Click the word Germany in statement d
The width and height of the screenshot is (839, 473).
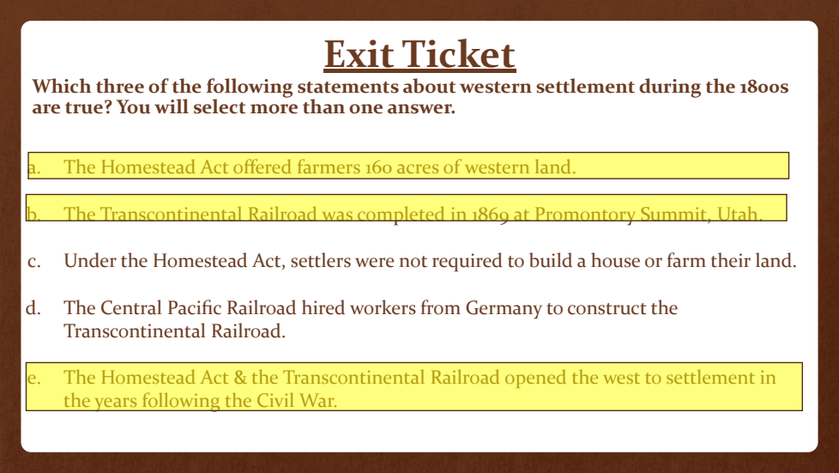[x=504, y=308]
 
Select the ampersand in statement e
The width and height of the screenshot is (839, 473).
[x=240, y=378]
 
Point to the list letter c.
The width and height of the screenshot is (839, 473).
[x=33, y=262]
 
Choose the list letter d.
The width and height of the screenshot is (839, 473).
[x=33, y=308]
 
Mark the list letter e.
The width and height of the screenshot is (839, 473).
[x=33, y=379]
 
